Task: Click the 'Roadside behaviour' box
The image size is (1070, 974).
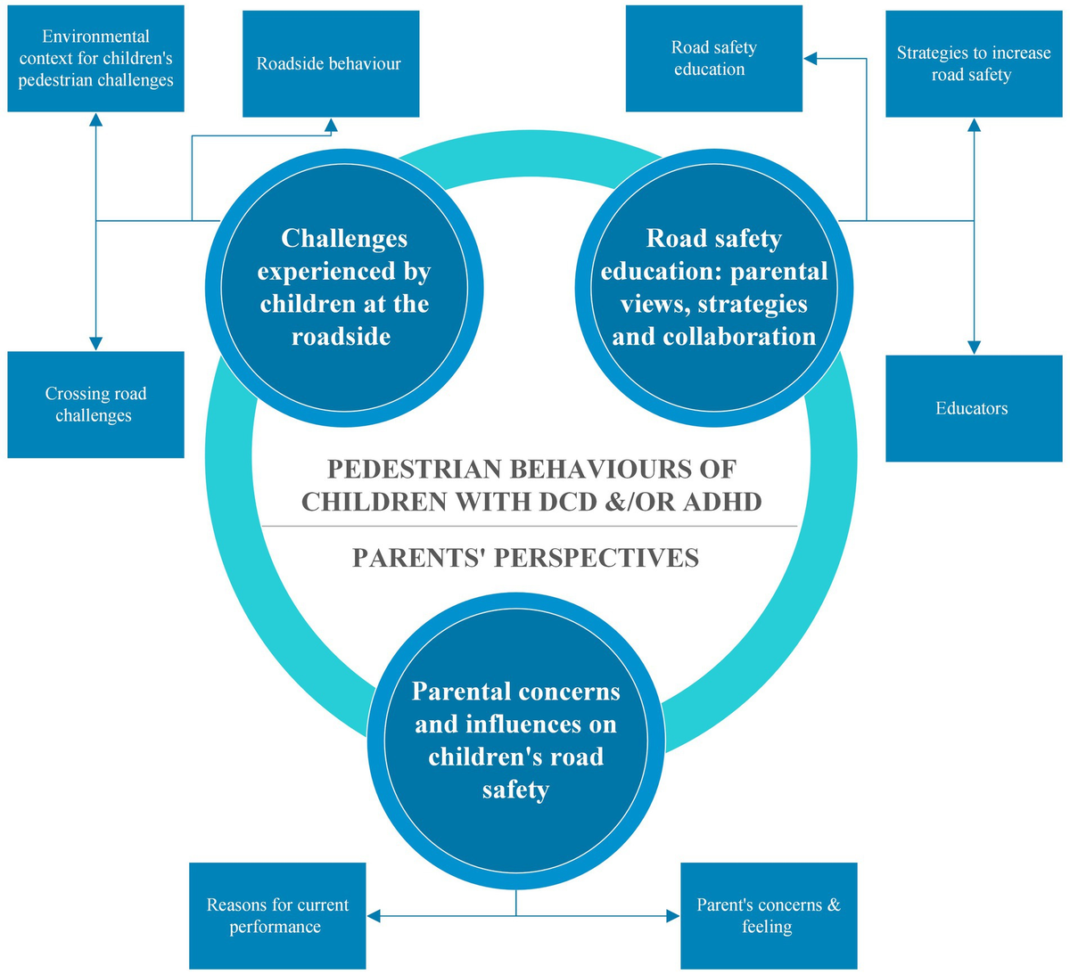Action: pos(331,64)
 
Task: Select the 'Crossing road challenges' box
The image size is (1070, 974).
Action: pos(95,405)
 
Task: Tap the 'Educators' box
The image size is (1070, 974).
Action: pos(972,408)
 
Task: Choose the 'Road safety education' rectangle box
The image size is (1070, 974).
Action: pos(713,59)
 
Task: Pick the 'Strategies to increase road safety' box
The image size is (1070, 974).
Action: pos(973,64)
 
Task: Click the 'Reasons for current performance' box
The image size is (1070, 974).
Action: pos(277,915)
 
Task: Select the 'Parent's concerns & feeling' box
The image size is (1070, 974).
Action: pos(769,915)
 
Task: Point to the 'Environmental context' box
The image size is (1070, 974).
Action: pos(95,59)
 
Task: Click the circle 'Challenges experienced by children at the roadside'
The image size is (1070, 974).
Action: pos(344,287)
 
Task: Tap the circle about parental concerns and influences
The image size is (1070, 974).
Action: pos(516,740)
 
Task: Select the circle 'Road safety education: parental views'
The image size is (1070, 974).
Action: pos(714,287)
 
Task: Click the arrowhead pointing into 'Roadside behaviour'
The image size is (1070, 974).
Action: pos(330,126)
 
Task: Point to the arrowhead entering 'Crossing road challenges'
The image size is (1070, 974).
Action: pos(95,343)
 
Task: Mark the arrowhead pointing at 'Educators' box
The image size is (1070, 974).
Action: pos(974,347)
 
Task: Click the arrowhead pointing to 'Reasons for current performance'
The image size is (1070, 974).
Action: pos(374,915)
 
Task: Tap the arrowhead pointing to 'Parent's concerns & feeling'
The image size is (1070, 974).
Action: pos(672,915)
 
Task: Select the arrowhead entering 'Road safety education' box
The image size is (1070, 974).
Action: pos(811,59)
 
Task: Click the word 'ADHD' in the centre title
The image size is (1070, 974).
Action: pos(723,502)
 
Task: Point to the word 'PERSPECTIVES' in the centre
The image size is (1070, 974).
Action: pos(597,558)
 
